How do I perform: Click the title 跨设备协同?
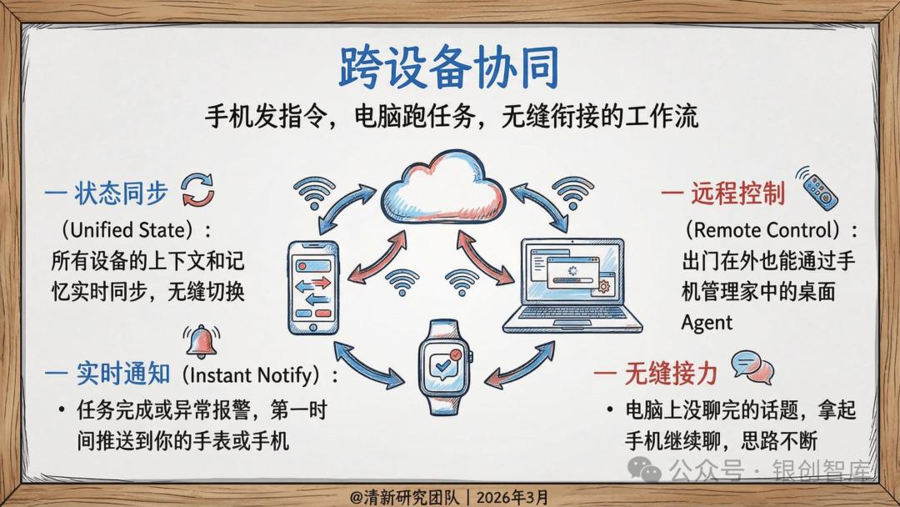448,68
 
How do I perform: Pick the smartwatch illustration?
444,367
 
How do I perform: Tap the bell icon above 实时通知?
202,342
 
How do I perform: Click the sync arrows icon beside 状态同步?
198,190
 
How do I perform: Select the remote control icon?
817,188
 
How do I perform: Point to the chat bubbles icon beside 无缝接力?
752,368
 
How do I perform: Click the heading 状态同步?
121,193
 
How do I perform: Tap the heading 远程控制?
738,193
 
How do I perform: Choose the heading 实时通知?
123,374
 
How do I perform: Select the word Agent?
707,323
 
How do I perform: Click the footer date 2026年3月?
512,497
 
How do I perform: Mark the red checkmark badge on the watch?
456,355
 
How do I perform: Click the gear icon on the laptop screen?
604,285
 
